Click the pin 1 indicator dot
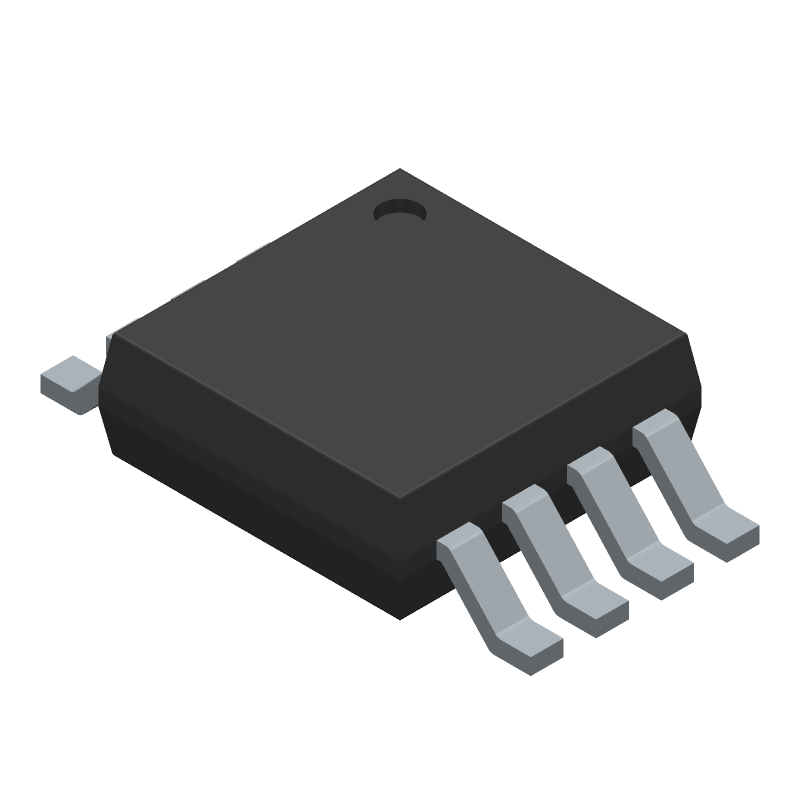coord(400,210)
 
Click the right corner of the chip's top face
coord(690,340)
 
